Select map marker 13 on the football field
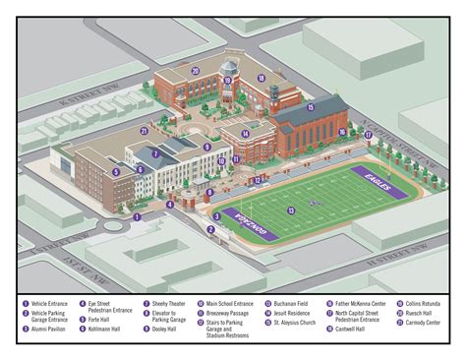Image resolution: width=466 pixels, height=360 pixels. (291, 210)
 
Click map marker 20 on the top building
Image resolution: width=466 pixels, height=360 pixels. (196, 71)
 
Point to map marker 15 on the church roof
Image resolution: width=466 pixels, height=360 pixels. (310, 108)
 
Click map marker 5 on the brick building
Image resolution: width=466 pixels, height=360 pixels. (116, 171)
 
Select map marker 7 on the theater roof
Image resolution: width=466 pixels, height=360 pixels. (155, 152)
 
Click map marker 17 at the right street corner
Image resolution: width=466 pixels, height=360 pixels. (368, 135)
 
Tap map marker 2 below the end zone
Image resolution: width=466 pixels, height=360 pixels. (210, 228)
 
